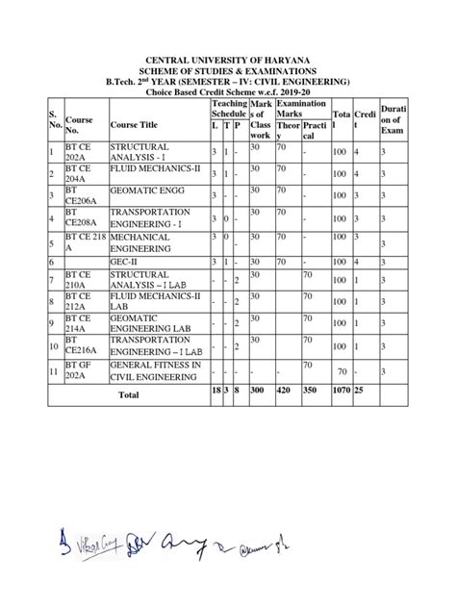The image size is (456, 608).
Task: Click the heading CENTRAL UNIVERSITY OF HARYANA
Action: click(228, 61)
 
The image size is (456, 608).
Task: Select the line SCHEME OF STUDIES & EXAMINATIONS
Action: click(228, 71)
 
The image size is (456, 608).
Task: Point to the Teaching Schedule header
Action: click(229, 108)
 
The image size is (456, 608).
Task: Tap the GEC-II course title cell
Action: click(124, 261)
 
